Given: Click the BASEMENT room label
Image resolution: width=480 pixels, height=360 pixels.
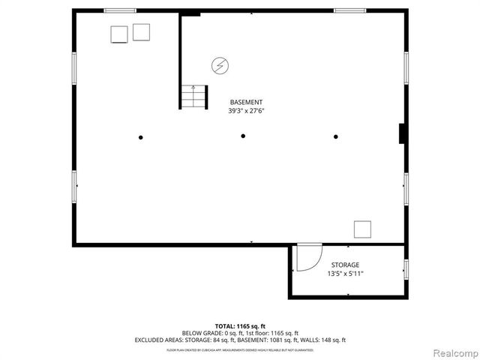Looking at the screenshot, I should [246, 103].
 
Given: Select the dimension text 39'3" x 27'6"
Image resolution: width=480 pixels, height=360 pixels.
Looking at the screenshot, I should [246, 111].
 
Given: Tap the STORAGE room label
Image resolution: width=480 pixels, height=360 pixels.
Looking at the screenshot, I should [345, 265].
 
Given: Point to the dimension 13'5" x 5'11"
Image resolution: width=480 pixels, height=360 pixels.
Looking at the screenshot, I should [345, 274].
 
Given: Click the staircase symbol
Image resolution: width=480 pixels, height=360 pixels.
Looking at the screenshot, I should [193, 97].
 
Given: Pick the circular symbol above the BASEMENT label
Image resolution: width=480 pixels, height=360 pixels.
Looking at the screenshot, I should [220, 66].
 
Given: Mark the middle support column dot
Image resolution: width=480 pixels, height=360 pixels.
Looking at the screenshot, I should [243, 136].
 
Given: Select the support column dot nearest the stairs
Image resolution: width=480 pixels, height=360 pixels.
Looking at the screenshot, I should [140, 137].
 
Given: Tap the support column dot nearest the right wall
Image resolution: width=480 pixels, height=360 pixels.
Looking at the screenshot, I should [336, 136].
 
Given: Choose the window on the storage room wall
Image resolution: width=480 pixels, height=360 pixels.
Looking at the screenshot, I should [406, 270].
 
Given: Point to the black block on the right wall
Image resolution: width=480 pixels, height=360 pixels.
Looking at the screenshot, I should [402, 133].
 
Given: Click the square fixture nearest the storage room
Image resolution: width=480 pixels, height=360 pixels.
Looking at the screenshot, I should [363, 229].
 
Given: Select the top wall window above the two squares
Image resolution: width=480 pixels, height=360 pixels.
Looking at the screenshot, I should [120, 10].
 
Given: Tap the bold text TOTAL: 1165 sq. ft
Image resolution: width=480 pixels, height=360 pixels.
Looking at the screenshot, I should [240, 326].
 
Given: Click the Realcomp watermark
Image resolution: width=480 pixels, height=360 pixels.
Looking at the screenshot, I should [453, 352].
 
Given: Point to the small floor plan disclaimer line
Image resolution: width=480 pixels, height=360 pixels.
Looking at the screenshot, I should [240, 349].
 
